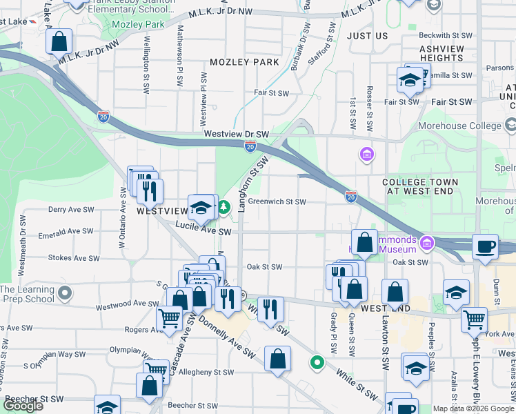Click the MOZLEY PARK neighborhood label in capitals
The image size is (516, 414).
click(245, 62)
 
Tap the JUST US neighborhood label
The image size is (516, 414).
click(368, 35)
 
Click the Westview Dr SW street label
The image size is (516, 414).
click(235, 133)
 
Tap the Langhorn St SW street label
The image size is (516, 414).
click(253, 184)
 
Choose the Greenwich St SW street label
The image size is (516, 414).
click(277, 202)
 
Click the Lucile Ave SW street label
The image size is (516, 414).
click(204, 233)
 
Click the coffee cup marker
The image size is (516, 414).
click(485, 246)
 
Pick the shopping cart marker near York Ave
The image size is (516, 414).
click(474, 319)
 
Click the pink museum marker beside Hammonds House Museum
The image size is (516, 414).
click(426, 243)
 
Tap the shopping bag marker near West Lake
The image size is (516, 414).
click(59, 41)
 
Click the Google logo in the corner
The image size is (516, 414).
click(23, 406)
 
